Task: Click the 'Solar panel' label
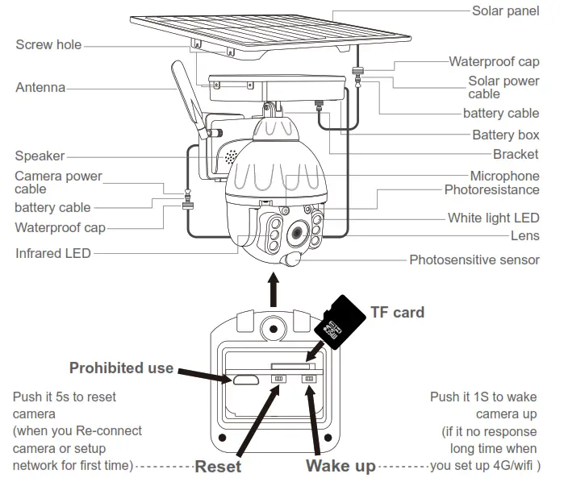pos(505,11)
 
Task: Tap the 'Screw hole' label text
pos(48,45)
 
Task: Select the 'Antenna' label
pos(40,87)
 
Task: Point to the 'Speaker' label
pos(40,156)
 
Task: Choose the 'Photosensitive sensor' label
pos(474,260)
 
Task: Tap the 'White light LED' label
pos(493,218)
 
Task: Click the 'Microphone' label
pos(504,176)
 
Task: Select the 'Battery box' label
pos(505,135)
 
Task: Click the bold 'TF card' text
pos(397,312)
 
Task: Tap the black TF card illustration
pos(338,322)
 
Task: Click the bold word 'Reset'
pos(218,466)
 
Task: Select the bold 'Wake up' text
pos(340,466)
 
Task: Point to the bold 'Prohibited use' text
pos(121,368)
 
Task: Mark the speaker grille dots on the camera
pos(231,155)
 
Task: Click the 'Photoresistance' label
pos(491,190)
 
